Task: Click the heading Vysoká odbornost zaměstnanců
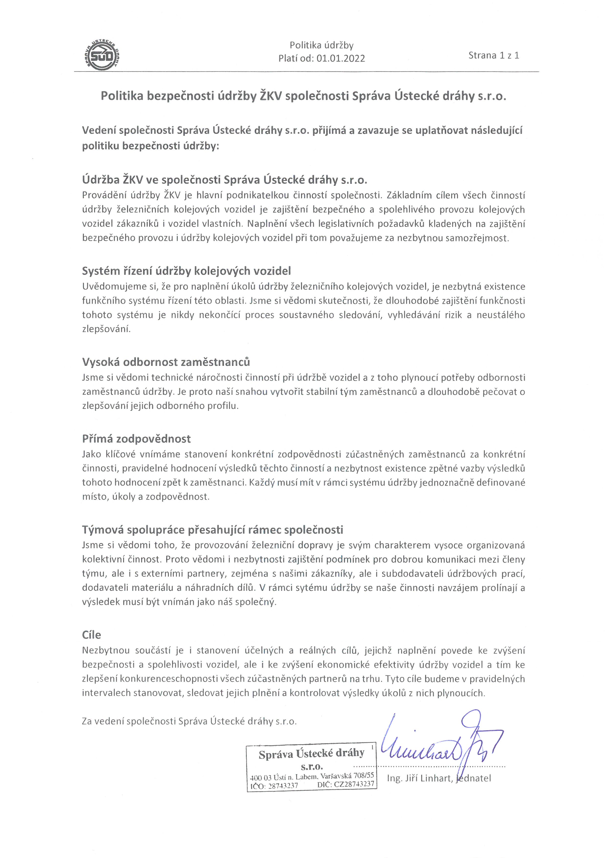(x=166, y=362)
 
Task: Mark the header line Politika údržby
(x=321, y=45)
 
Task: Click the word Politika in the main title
(x=122, y=96)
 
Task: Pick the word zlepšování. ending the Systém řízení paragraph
(x=106, y=329)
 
